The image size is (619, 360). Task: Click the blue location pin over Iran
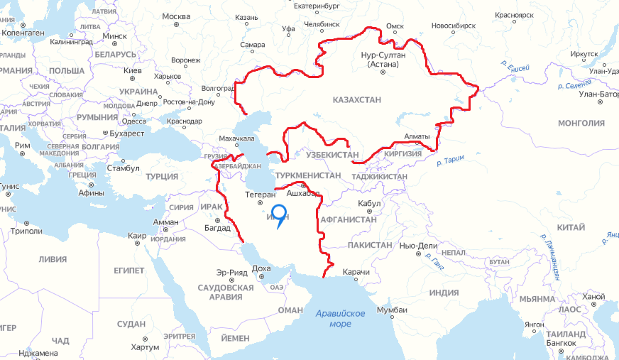tap(278, 215)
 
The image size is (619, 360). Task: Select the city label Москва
tap(176, 16)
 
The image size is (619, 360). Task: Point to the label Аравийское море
tap(341, 319)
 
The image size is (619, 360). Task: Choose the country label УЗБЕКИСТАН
tap(332, 154)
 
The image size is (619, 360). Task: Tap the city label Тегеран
tap(259, 194)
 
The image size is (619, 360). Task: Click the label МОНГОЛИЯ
tap(581, 123)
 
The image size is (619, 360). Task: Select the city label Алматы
tap(417, 136)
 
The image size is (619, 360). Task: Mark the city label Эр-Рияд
tap(231, 272)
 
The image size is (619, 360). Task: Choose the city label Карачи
tap(356, 272)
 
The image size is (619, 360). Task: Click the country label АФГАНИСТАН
tap(349, 219)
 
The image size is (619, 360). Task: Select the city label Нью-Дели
tap(418, 245)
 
